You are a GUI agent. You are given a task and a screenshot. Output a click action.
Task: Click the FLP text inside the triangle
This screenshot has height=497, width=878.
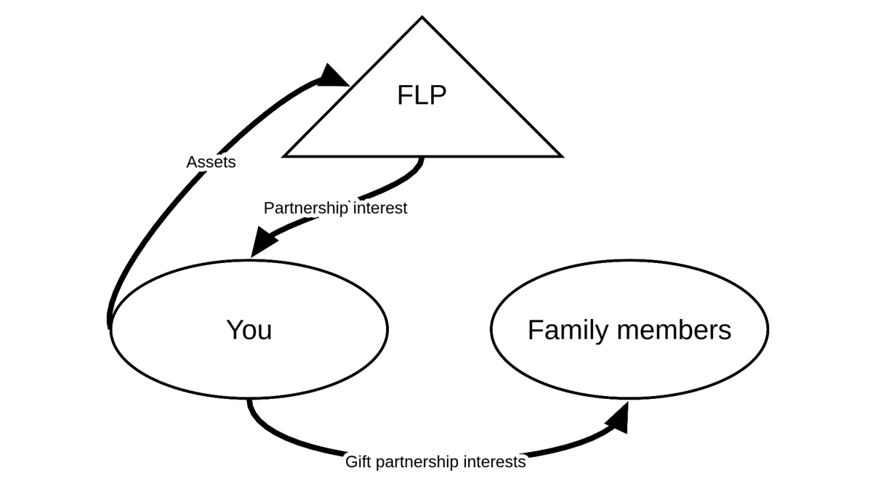pyautogui.click(x=422, y=95)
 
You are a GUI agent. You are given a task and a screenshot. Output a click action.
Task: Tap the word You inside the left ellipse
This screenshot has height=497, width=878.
pyautogui.click(x=249, y=330)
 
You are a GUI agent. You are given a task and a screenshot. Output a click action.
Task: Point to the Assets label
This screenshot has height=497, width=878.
pyautogui.click(x=211, y=162)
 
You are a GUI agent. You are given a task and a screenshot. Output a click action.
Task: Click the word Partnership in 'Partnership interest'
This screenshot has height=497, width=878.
pyautogui.click(x=305, y=209)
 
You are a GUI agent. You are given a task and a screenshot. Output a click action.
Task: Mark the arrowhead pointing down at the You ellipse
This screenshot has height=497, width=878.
pyautogui.click(x=262, y=242)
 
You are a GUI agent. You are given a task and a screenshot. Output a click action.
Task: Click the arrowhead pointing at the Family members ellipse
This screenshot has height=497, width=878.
pyautogui.click(x=618, y=418)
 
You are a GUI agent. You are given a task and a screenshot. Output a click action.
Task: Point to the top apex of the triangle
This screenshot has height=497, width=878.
pyautogui.click(x=422, y=17)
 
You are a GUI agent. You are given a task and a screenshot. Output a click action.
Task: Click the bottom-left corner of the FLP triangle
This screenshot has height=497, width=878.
pyautogui.click(x=284, y=155)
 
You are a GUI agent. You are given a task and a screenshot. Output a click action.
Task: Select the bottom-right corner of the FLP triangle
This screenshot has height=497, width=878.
pyautogui.click(x=561, y=155)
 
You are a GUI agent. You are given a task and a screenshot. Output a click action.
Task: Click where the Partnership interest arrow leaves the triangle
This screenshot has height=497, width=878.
pyautogui.click(x=422, y=158)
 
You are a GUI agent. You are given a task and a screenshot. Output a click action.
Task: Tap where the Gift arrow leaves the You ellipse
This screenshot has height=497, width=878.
pyautogui.click(x=249, y=400)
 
